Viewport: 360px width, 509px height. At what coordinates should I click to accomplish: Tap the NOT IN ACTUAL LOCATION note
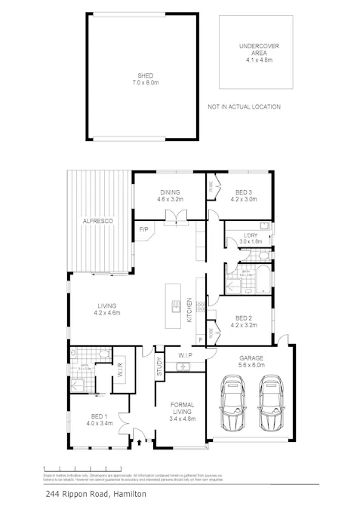coord(244,107)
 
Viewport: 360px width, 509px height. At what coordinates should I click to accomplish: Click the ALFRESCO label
coord(97,220)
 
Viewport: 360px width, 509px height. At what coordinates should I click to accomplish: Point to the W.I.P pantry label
coord(186,354)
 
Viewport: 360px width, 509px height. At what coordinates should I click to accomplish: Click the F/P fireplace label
coord(142,228)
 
